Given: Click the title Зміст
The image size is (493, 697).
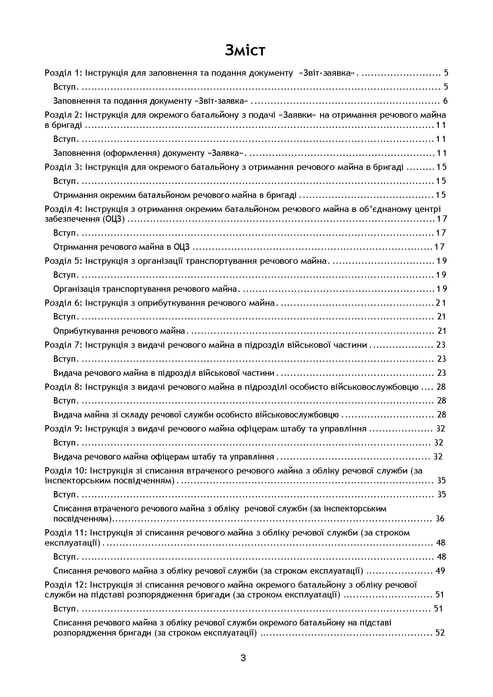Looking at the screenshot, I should pos(245,50).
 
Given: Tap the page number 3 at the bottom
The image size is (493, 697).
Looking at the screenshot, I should pos(243,658).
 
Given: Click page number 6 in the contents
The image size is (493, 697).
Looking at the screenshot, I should pos(445,101).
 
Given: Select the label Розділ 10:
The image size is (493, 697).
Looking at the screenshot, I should pos(66,471).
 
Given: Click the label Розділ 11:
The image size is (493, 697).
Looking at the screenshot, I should pos(66,533).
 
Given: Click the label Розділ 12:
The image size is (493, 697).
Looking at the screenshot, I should pos(66,585).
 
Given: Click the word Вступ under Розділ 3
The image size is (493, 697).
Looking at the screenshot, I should pos(64,181).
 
